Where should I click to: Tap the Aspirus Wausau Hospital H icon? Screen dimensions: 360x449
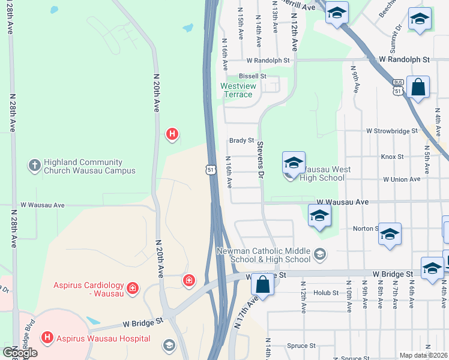pos(47,338)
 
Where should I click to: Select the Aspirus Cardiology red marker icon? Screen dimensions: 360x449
pos(133,289)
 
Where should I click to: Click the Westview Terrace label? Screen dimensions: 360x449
pos(238,90)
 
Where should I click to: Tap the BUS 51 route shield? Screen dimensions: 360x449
pos(397,88)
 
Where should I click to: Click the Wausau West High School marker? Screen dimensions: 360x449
pos(294,164)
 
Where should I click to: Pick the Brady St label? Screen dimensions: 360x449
pos(241,140)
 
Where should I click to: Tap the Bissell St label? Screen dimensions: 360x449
pos(252,76)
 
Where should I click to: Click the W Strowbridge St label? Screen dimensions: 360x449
pos(392,131)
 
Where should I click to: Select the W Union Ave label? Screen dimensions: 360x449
pos(402,179)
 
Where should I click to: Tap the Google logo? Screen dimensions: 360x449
pos(19,353)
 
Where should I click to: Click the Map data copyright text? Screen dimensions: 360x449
pos(424,355)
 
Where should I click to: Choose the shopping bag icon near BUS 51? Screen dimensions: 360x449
pos(418,88)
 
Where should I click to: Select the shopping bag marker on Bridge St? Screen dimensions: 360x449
pos(262,285)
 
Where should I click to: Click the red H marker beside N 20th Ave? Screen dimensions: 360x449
pos(172,134)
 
